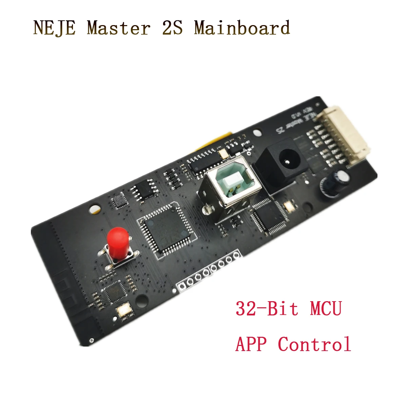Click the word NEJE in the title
[x=54, y=28]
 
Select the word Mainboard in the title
[x=242, y=28]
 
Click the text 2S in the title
[x=172, y=28]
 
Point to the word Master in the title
[x=118, y=28]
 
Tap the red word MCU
[x=325, y=309]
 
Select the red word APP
[x=251, y=344]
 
